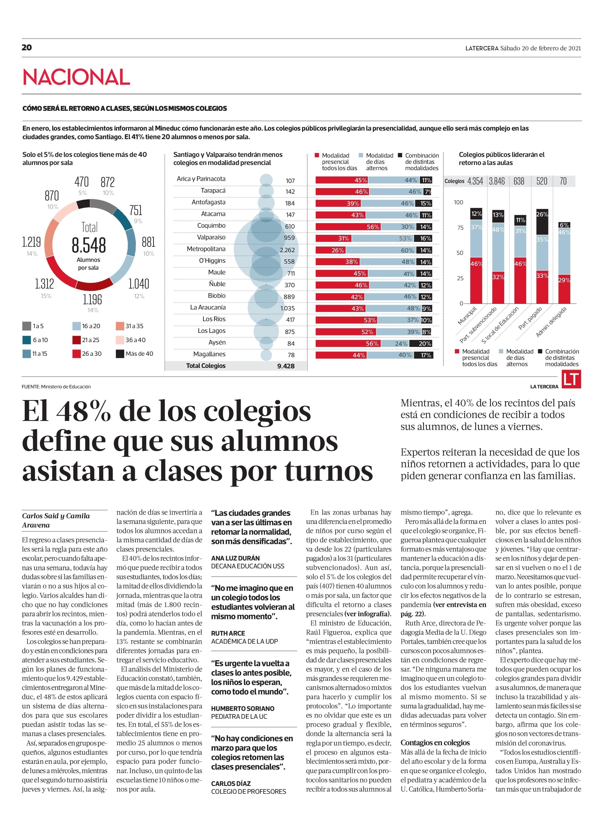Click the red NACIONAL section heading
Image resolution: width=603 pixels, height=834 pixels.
tap(76, 77)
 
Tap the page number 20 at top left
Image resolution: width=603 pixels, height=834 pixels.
tap(27, 47)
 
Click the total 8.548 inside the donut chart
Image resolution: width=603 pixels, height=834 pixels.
tap(89, 245)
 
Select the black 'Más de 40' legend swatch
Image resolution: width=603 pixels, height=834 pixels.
tap(120, 354)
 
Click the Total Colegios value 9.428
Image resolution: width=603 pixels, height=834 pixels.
tap(286, 366)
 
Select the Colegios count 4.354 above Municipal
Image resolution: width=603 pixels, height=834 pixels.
tap(475, 181)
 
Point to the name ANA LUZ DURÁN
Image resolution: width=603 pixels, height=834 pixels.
tap(235, 558)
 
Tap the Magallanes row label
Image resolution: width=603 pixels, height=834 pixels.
tap(210, 354)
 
